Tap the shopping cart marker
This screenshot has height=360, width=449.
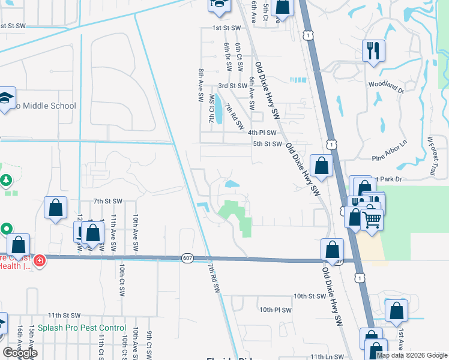coord(372,220)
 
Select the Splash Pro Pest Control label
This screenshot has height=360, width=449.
coord(82,328)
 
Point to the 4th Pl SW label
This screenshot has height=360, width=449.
coord(262,133)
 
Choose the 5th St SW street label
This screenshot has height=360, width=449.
coord(267,144)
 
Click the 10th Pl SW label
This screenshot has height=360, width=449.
coord(276,310)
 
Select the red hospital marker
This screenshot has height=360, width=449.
coord(40,260)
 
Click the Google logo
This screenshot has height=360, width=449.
coord(20,353)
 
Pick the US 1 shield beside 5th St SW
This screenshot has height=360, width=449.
coord(331,144)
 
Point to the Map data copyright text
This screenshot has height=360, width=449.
coord(411,355)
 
